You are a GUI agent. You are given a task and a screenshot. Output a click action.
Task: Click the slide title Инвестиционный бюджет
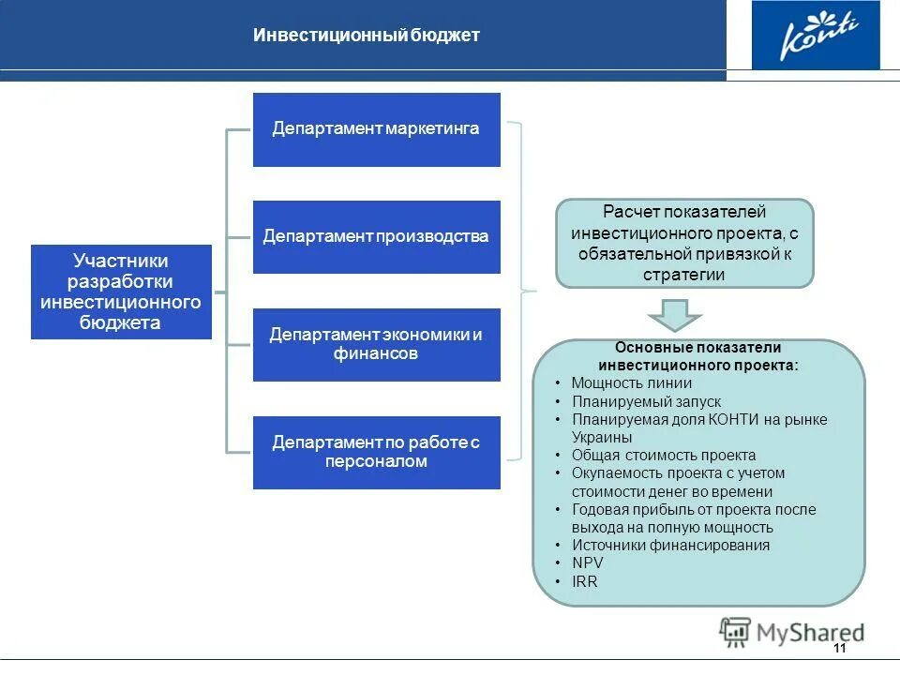point(367,36)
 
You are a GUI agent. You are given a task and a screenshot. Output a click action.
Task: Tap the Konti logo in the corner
point(815,36)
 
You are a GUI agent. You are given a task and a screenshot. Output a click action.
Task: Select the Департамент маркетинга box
point(376,129)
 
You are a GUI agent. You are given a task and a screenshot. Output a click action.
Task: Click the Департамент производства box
point(376,237)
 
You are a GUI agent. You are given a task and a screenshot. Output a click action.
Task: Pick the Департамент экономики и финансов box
point(376,344)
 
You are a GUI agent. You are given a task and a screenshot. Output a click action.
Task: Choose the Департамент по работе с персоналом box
point(376,452)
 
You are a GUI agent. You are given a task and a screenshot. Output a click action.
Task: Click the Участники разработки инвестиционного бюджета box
point(121,292)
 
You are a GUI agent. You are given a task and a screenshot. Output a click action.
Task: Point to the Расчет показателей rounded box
point(684,243)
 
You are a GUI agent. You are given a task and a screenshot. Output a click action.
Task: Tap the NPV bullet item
point(588,563)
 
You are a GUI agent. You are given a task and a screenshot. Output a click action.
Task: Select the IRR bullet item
point(585,581)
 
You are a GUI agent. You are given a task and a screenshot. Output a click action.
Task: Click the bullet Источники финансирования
point(670,546)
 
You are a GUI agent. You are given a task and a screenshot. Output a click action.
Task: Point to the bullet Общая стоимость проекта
point(664,456)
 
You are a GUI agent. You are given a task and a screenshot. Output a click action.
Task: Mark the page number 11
point(838,649)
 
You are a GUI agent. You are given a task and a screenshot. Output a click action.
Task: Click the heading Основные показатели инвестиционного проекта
point(698,356)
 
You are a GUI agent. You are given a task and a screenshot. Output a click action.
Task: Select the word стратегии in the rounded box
point(684,275)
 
